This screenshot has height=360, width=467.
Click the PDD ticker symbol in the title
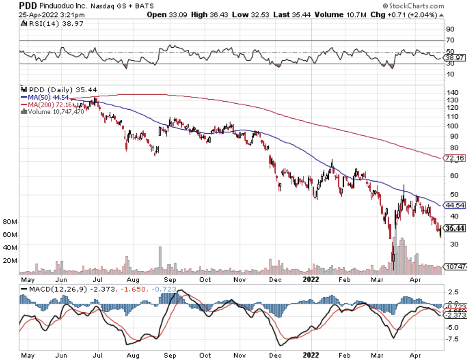point(13,6)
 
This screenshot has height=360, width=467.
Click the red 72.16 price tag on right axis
point(455,158)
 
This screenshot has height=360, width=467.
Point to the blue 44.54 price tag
point(455,205)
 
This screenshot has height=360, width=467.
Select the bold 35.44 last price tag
point(455,228)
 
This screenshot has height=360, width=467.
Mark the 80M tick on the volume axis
point(9,221)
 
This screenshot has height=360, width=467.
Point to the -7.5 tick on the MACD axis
point(452,339)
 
